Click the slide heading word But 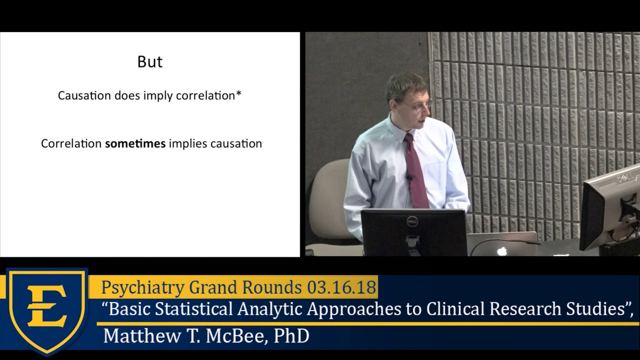(x=150, y=61)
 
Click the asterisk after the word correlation (x=238, y=94)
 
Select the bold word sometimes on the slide (x=135, y=143)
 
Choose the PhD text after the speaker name (x=291, y=335)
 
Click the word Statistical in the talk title (x=194, y=309)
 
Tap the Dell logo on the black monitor (x=412, y=221)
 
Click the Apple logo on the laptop (x=501, y=251)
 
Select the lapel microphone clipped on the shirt (x=409, y=177)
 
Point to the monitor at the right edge (x=610, y=210)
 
